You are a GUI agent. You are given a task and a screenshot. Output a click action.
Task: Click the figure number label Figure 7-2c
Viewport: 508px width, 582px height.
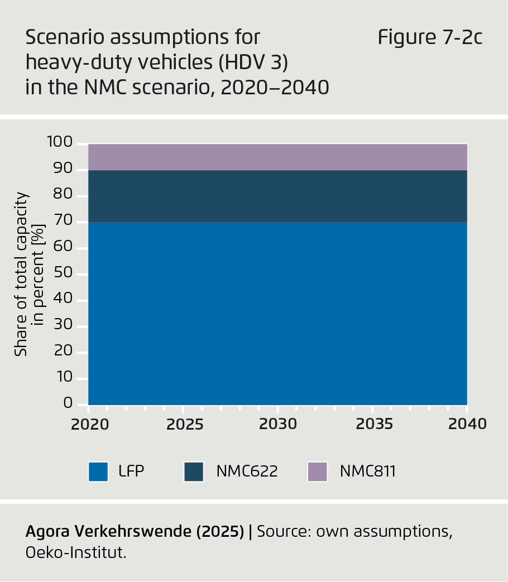429,38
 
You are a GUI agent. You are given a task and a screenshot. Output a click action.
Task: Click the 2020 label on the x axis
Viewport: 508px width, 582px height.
90,424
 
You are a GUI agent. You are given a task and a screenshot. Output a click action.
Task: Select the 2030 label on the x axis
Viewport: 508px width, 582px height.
278,424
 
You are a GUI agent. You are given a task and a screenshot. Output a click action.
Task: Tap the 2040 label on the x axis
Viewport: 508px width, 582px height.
467,424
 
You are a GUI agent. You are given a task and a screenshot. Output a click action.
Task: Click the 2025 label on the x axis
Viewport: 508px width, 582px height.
184,424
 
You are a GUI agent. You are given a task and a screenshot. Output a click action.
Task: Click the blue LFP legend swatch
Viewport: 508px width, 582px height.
98,472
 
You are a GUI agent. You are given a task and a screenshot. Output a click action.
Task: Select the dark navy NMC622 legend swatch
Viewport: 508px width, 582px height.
194,472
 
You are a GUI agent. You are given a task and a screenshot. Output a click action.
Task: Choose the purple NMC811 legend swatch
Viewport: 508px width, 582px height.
317,472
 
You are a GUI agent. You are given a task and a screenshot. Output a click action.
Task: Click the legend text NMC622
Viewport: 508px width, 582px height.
247,472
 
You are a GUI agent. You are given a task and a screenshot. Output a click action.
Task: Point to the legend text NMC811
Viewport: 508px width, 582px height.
367,472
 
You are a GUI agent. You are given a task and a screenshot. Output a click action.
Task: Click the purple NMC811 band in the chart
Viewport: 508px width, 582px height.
277,157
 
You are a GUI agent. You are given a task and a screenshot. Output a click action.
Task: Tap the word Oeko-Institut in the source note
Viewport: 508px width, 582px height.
76,552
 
